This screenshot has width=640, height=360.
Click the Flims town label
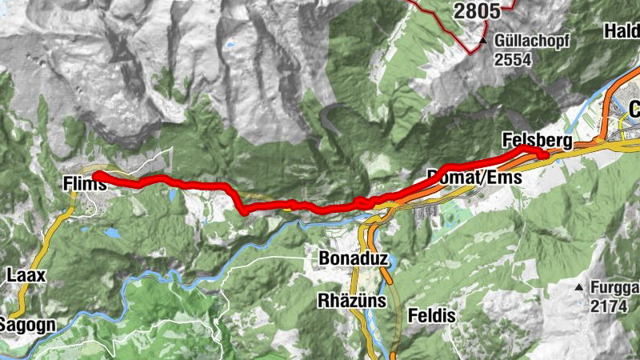[x=84, y=185]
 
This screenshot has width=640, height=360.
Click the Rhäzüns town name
[x=352, y=301]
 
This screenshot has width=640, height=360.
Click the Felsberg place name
[x=538, y=142]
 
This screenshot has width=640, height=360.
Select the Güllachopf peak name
[x=532, y=41]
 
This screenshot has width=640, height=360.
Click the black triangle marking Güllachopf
[x=483, y=41]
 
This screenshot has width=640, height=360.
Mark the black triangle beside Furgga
[x=578, y=287]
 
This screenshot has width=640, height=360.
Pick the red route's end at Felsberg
[x=544, y=154]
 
